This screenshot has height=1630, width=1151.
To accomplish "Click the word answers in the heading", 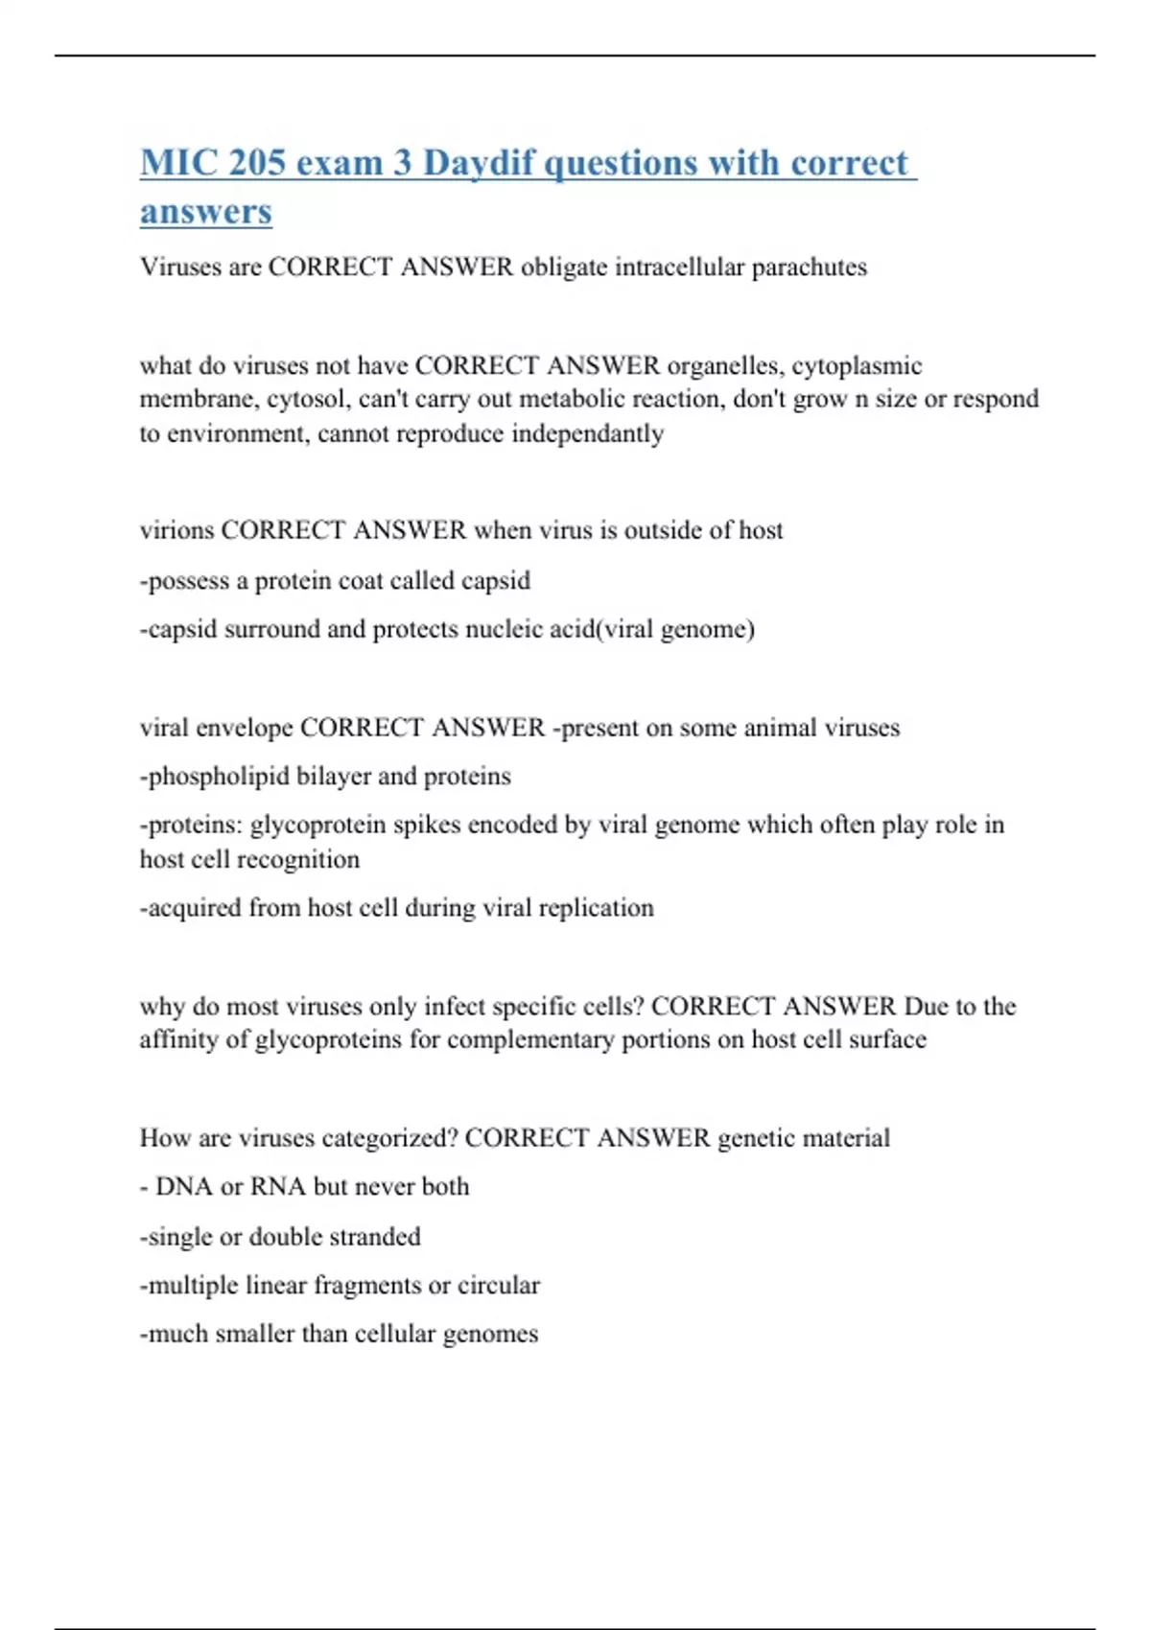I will [x=205, y=212].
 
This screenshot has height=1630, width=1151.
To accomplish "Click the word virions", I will [x=176, y=530].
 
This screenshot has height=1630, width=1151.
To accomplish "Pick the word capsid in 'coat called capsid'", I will [x=495, y=581].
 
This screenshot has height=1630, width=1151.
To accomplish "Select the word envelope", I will [x=244, y=728].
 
